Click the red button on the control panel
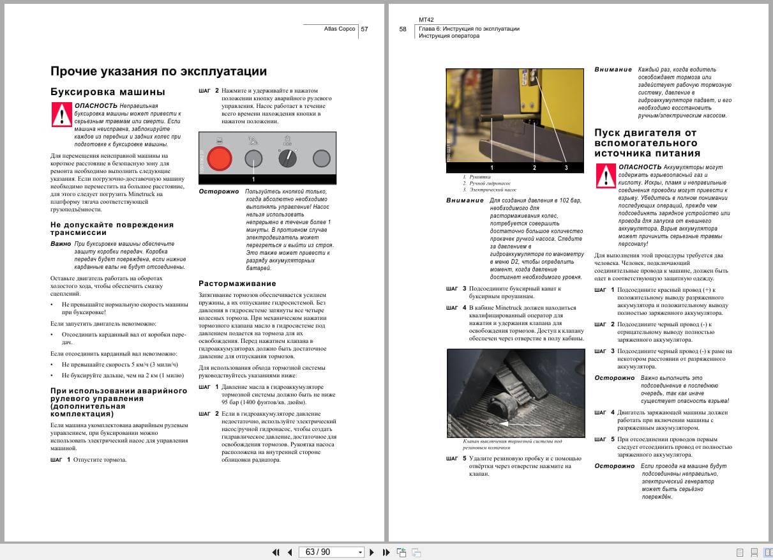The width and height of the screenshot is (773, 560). tap(219, 158)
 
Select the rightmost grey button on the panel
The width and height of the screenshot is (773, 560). tap(322, 158)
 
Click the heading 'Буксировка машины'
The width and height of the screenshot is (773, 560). tap(107, 91)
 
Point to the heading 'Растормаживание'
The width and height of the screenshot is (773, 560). tap(237, 283)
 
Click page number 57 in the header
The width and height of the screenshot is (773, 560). tap(364, 29)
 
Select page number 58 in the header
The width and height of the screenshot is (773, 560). tap(403, 29)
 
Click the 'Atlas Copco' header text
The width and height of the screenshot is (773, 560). tap(340, 29)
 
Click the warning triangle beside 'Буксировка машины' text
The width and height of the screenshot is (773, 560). tap(61, 114)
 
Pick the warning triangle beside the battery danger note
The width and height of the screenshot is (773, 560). tap(606, 176)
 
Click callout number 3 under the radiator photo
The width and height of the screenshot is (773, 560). tap(566, 167)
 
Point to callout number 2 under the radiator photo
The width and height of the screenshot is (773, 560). tap(534, 167)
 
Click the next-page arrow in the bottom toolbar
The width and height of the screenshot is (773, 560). tap(372, 552)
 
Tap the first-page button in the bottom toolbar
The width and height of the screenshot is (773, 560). tap(276, 552)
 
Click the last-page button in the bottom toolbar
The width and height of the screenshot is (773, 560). tap(386, 552)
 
